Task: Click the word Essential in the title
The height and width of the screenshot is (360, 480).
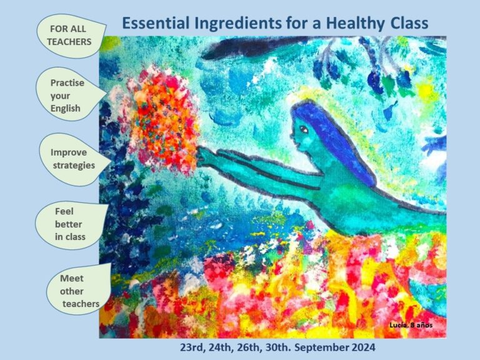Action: [x=156, y=23]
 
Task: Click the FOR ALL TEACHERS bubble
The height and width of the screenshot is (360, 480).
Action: [x=71, y=36]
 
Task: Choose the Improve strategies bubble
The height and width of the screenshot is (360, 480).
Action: [x=74, y=159]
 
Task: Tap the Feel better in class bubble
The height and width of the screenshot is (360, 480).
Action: [x=71, y=224]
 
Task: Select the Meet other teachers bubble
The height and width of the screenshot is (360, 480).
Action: [x=78, y=290]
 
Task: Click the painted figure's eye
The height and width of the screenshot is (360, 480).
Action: [x=304, y=129]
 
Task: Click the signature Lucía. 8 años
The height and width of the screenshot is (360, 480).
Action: [x=411, y=325]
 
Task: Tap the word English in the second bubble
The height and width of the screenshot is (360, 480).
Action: [x=65, y=109]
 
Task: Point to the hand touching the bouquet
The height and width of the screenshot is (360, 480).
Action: [x=206, y=157]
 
